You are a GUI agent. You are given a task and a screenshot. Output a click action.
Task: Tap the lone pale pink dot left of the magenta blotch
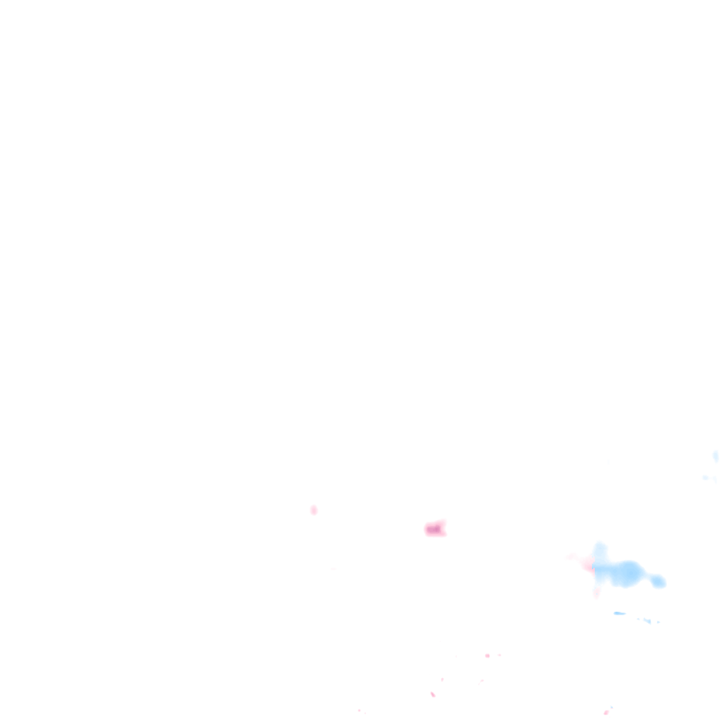314,510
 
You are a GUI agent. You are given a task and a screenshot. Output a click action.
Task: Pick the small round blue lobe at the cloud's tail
658,581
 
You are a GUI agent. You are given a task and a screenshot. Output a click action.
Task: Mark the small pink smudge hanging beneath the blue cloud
597,591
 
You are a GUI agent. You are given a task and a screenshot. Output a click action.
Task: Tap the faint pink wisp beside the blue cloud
572,558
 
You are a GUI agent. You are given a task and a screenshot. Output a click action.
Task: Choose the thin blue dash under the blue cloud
620,613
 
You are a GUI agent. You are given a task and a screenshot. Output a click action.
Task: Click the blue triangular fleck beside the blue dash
646,621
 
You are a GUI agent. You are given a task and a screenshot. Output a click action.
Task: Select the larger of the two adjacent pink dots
487,656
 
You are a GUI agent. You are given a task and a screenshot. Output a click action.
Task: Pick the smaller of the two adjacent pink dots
499,655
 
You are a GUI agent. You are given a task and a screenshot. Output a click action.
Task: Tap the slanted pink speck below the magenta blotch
433,695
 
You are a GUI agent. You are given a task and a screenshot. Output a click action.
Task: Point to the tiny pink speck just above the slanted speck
443,680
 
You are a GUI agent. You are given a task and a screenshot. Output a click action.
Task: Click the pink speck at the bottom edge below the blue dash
606,712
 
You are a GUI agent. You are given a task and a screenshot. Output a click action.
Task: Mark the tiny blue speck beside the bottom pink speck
612,707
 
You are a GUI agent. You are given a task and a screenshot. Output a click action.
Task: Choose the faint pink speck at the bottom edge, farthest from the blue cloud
359,710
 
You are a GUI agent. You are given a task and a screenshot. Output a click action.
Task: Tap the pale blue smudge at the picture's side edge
716,456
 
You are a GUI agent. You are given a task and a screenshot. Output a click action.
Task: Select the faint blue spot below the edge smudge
705,478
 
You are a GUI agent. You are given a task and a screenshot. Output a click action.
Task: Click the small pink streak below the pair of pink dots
481,681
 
